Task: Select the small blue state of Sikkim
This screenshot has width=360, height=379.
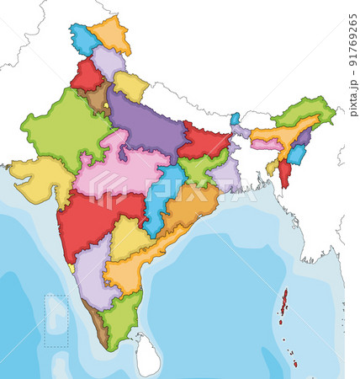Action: tap(235, 119)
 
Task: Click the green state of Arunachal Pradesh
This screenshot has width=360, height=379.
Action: tap(303, 110)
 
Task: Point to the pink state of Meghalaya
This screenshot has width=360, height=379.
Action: tap(266, 145)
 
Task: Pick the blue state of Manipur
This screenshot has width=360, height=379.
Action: tap(296, 155)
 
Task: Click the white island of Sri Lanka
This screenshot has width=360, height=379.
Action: tap(148, 355)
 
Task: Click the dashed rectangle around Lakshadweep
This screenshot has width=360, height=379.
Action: tap(56, 320)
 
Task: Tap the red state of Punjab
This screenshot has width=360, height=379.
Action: tap(85, 76)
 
